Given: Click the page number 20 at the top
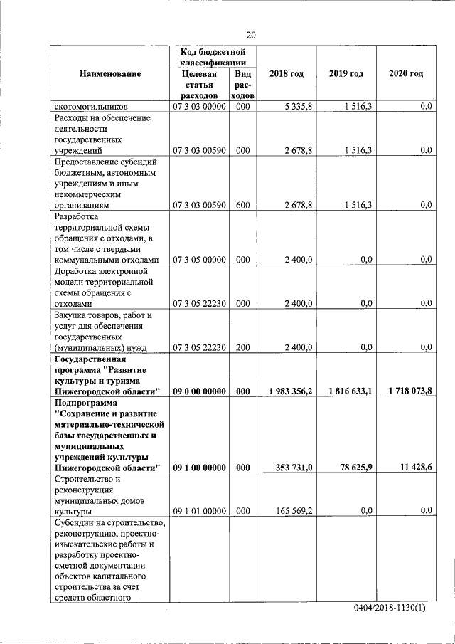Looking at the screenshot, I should tap(251, 35).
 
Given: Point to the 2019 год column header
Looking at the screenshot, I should tap(346, 74).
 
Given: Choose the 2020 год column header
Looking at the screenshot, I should tap(406, 74).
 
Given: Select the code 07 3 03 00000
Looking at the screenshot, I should tap(199, 106).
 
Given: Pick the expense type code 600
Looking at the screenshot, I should tap(242, 205).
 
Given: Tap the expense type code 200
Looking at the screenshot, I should tap(242, 347).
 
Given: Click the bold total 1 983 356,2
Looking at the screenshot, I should tap(286, 391).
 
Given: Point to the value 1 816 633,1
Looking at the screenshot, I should tap(346, 391).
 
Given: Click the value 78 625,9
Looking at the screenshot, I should tap(354, 468).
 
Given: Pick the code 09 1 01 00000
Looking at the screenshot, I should tap(199, 511).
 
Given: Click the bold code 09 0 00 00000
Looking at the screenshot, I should tap(199, 391).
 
